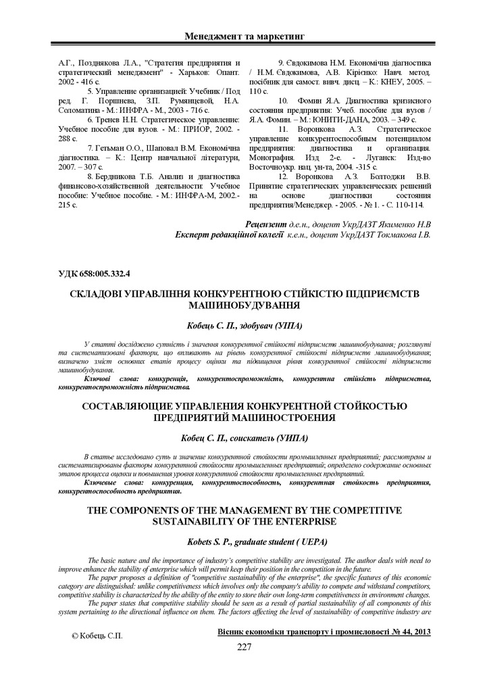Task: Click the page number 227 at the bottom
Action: [244, 647]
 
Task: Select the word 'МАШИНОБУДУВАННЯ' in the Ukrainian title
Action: [244, 305]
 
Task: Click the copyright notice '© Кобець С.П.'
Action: [97, 636]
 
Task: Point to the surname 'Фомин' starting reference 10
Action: [313, 100]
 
